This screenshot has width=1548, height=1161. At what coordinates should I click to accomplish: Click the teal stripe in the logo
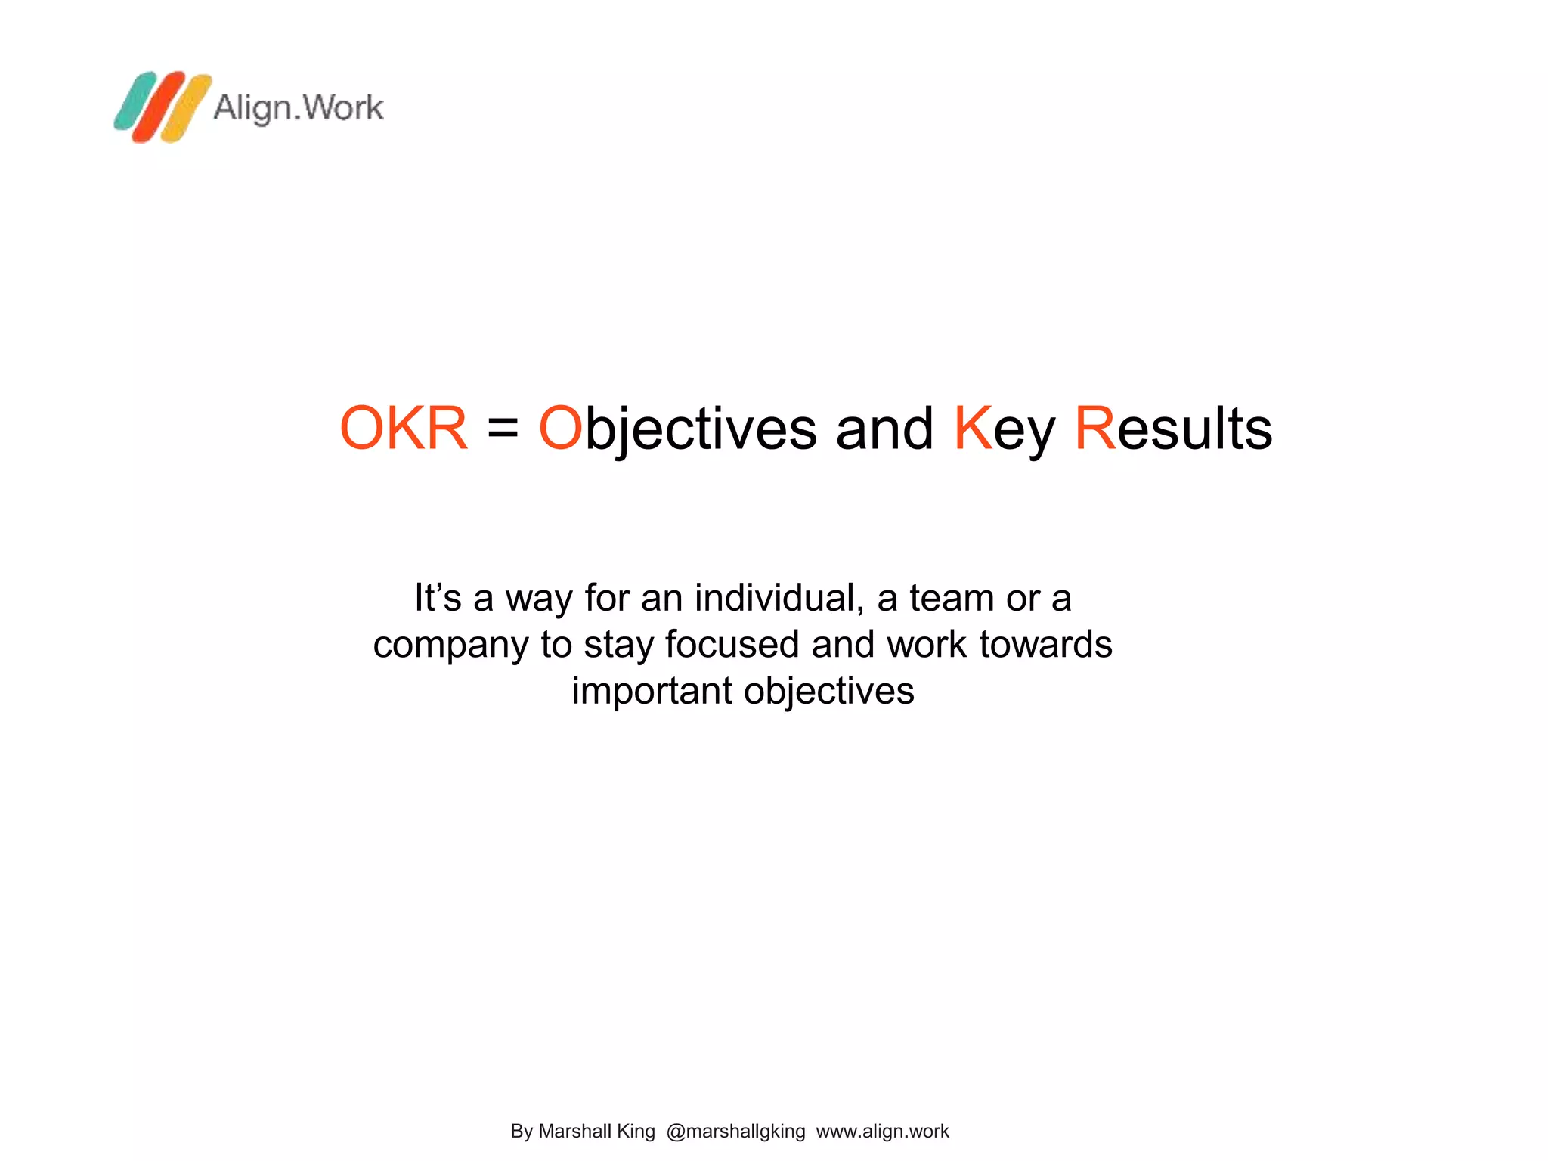click(135, 101)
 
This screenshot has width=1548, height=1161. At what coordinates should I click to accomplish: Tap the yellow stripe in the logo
click(186, 108)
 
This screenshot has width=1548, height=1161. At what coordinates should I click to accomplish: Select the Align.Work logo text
click(299, 107)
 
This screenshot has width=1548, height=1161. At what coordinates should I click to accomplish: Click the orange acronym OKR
click(404, 429)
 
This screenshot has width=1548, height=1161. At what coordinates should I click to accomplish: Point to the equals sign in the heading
click(503, 429)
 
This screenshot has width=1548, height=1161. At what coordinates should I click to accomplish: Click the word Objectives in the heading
click(677, 429)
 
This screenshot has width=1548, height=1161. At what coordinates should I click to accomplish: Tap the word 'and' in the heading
click(884, 429)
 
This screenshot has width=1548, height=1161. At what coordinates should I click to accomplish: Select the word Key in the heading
click(1004, 429)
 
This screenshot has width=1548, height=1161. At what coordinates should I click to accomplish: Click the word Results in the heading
click(1173, 429)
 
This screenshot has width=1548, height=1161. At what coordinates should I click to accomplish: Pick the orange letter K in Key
click(973, 428)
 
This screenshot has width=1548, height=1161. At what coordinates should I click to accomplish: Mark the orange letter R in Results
click(1095, 428)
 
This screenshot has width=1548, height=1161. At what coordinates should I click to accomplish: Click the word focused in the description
click(732, 644)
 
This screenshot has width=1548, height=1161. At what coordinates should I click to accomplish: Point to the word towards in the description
click(1045, 644)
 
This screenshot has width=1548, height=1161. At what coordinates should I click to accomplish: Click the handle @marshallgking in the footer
click(735, 1131)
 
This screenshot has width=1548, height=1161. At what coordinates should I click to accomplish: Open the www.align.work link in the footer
click(882, 1131)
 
